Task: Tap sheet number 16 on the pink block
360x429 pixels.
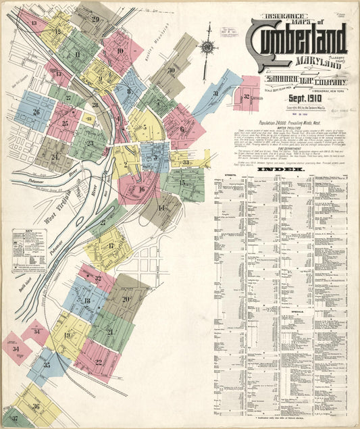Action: click(x=141, y=189)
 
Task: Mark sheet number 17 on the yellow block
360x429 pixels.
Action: click(x=111, y=245)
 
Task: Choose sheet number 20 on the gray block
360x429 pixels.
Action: click(x=126, y=299)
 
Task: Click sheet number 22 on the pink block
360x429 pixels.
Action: click(x=99, y=362)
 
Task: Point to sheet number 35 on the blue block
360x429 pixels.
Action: click(x=47, y=365)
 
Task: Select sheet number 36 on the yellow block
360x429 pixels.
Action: click(x=35, y=406)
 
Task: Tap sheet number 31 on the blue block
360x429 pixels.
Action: click(x=215, y=93)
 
